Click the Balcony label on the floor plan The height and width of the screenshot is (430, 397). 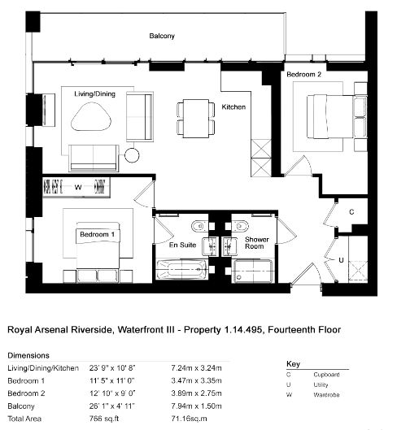[x=162, y=36]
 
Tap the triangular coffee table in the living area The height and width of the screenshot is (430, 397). [x=91, y=116]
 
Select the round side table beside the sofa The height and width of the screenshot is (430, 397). [x=132, y=155]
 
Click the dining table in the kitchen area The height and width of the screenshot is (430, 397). [x=196, y=119]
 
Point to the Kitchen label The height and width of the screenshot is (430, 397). [x=233, y=106]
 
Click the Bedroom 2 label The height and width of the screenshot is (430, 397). [x=303, y=74]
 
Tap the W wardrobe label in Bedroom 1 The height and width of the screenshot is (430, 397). [x=78, y=187]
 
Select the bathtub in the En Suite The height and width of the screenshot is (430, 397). [x=181, y=270]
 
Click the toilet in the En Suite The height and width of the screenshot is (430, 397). [x=198, y=226]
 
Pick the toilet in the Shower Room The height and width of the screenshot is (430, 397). [x=241, y=226]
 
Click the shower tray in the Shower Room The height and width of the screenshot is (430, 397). [x=252, y=271]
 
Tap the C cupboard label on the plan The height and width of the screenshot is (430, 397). [x=351, y=212]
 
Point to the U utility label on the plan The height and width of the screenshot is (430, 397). [x=341, y=260]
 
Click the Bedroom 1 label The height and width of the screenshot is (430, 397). [x=97, y=234]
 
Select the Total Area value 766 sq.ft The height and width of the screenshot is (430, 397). [x=104, y=419]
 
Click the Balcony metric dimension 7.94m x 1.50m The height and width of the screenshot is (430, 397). [x=196, y=406]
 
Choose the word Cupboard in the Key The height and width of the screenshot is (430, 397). [x=326, y=375]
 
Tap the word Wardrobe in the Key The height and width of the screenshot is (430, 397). [x=326, y=395]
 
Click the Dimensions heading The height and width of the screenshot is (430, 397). [x=28, y=355]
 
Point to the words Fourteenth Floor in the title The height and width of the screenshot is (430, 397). [x=304, y=329]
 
